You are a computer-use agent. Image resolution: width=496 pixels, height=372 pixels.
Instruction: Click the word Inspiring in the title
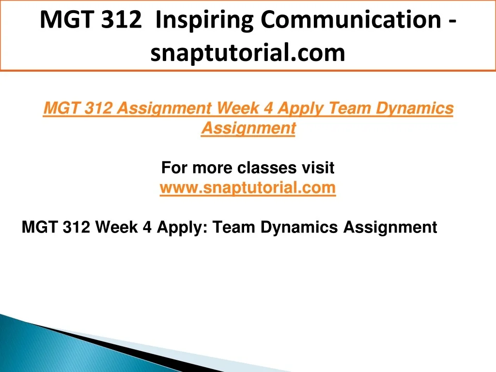[205, 21]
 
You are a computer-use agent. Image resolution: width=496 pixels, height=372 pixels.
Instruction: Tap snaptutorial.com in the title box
[248, 53]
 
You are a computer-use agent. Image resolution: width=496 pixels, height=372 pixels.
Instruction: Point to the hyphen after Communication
[452, 23]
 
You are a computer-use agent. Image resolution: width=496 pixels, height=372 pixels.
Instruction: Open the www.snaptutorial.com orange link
[248, 188]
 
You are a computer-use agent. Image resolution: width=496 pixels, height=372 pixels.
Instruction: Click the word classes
[267, 168]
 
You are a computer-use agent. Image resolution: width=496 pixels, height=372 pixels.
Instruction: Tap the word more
[212, 168]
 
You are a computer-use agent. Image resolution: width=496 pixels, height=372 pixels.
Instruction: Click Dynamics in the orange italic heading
[415, 109]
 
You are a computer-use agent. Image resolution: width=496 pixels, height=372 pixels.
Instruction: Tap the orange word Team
[350, 108]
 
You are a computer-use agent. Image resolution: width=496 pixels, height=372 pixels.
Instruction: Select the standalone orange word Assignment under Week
[248, 129]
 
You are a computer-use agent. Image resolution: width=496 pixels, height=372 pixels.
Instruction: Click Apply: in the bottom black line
[182, 228]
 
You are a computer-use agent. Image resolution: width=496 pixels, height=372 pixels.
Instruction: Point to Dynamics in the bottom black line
[299, 228]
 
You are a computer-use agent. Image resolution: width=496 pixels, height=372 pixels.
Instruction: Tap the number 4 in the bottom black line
[147, 228]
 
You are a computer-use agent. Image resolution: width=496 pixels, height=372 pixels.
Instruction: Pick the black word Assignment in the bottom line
[390, 228]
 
